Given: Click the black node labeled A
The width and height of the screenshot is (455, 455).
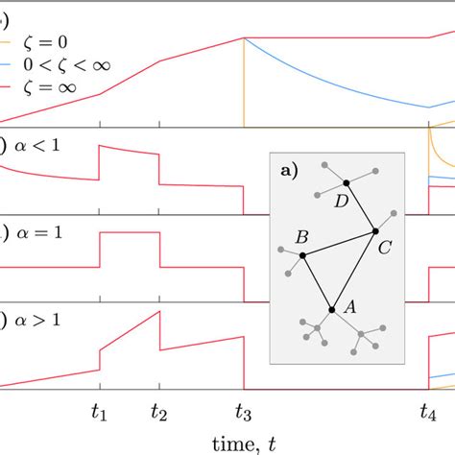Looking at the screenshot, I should tap(331, 309).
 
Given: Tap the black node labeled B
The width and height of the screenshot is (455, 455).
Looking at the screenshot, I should tap(302, 255).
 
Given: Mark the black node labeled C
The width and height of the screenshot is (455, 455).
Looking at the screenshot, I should tap(375, 231).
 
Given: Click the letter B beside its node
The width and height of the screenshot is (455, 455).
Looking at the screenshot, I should tap(301, 237).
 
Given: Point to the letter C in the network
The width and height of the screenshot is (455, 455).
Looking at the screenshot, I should tap(384, 248).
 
